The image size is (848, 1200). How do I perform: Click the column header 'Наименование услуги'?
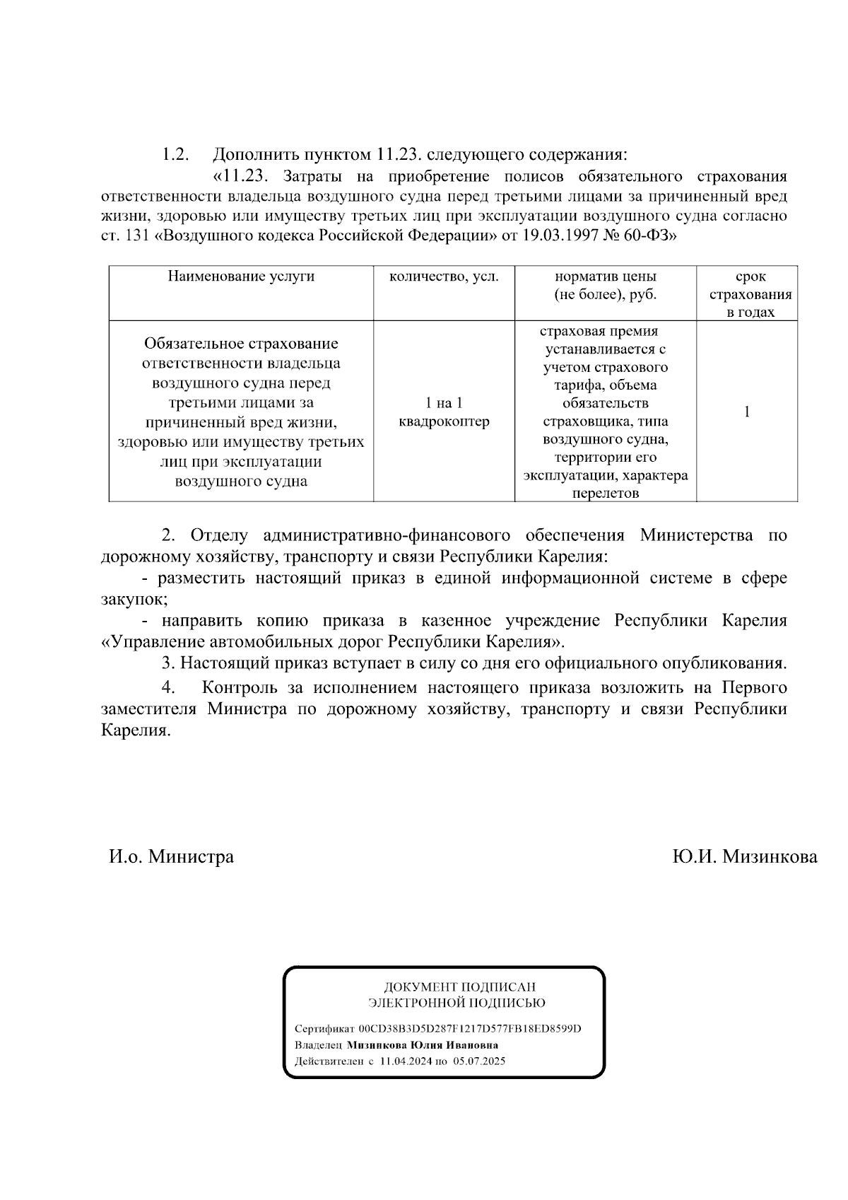(241, 277)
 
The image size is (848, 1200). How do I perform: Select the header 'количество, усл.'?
(444, 277)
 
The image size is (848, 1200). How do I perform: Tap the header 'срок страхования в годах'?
(750, 294)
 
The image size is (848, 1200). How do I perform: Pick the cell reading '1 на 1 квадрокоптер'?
(444, 412)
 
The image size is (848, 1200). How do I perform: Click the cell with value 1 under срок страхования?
(747, 412)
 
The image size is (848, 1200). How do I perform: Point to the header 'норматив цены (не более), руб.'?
(605, 286)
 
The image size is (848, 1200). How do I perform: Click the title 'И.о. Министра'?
(171, 857)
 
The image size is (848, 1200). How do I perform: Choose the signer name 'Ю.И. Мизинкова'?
(744, 857)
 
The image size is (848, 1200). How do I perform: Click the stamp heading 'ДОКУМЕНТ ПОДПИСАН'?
(459, 987)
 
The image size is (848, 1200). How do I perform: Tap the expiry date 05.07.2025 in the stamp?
(479, 1061)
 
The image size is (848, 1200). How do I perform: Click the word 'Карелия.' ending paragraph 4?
(136, 730)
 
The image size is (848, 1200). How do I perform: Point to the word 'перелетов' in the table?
(605, 494)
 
